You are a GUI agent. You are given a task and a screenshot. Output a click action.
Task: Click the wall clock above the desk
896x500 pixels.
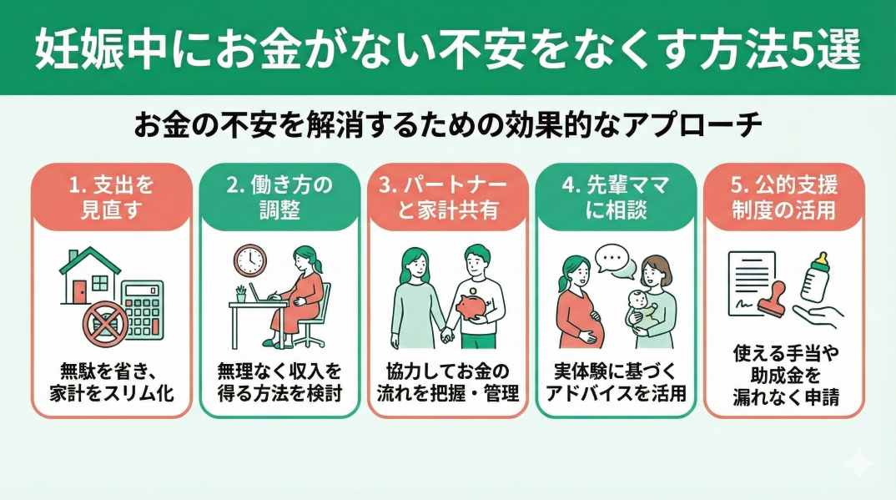(249, 260)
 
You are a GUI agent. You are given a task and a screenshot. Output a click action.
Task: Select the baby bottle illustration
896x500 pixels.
(816, 278)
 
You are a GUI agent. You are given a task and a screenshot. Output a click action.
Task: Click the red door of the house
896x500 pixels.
(79, 290)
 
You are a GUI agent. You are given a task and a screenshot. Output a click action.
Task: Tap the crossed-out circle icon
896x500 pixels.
(106, 324)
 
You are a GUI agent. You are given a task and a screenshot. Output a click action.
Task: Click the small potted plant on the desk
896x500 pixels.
(241, 294)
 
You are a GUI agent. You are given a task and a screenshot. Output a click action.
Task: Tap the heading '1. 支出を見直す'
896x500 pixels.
(111, 197)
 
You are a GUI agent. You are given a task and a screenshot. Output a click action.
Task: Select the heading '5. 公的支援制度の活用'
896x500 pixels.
(784, 197)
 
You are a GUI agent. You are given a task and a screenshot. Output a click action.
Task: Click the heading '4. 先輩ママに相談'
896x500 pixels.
(616, 197)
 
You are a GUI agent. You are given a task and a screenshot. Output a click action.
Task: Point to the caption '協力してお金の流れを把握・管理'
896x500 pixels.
(448, 381)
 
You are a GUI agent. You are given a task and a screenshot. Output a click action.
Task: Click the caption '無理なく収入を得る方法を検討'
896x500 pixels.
(279, 381)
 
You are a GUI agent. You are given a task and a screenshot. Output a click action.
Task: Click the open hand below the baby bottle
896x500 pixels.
(818, 316)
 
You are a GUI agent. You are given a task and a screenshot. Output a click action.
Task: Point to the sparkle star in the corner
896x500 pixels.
(859, 463)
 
